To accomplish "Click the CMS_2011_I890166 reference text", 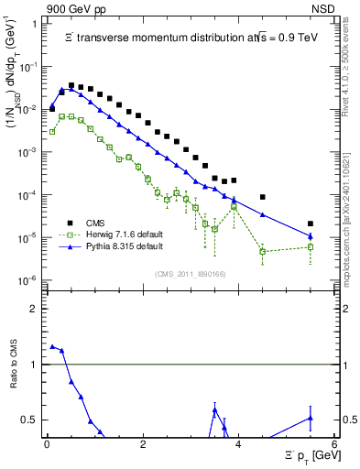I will click(191, 272).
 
